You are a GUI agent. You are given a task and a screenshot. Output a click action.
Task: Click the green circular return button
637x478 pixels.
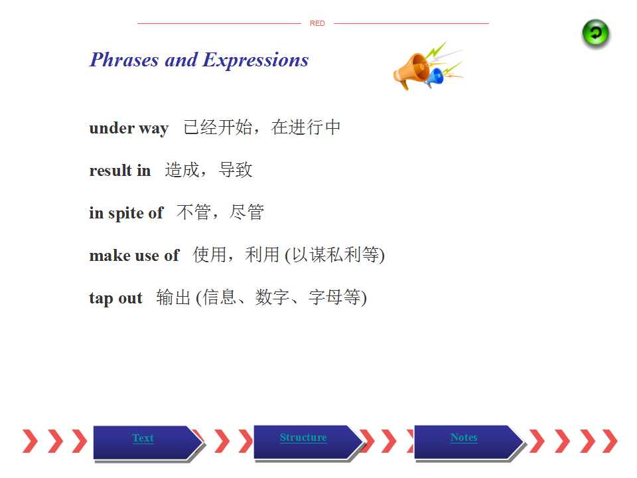(x=596, y=33)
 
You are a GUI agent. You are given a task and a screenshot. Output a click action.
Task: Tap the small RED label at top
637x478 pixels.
(x=317, y=24)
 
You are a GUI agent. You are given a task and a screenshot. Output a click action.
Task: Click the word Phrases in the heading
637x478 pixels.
(x=124, y=60)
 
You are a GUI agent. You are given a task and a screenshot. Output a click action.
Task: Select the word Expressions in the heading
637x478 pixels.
(x=255, y=60)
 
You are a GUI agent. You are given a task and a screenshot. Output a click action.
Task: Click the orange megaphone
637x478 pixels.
(x=412, y=70)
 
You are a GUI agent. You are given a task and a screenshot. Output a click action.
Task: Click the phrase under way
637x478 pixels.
(x=129, y=128)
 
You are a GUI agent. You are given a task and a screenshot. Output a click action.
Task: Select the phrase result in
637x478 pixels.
(x=120, y=171)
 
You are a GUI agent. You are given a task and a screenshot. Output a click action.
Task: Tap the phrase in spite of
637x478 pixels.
(x=126, y=213)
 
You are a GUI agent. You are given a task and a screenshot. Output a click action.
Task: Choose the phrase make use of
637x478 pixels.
(x=134, y=255)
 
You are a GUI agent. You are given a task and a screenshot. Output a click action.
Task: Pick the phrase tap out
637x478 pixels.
(x=115, y=298)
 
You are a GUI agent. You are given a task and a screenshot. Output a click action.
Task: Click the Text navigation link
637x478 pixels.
(x=143, y=438)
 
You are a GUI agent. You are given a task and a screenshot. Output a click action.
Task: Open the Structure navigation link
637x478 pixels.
(x=303, y=438)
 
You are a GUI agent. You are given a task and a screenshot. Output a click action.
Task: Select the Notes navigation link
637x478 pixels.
(x=464, y=438)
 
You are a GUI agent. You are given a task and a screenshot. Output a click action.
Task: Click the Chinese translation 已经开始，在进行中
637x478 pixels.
(x=261, y=127)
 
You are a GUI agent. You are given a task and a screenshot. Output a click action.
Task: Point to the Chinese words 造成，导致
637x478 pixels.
(x=208, y=170)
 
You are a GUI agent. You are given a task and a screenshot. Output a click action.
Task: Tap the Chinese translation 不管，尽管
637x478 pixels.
(x=220, y=212)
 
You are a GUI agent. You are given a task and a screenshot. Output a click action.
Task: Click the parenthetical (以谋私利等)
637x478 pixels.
(x=334, y=255)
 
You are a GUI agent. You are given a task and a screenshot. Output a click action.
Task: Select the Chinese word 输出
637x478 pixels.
(x=173, y=297)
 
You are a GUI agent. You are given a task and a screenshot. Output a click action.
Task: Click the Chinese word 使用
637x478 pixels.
(x=210, y=255)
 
